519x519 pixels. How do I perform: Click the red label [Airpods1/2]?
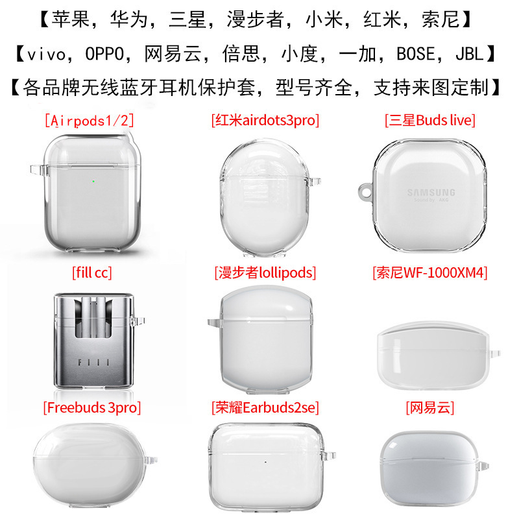(x=91, y=120)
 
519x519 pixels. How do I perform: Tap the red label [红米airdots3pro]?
(x=265, y=120)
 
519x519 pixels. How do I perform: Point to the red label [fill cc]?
(x=91, y=272)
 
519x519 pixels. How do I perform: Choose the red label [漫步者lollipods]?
(x=265, y=272)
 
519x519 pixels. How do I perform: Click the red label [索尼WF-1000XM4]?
(x=430, y=272)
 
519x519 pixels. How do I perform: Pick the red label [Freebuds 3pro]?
(x=91, y=408)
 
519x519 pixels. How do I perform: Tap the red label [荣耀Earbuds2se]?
(x=265, y=408)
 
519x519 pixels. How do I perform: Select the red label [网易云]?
(x=430, y=408)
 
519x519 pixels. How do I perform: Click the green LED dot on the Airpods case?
(x=95, y=182)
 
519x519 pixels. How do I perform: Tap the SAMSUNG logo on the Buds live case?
(x=431, y=192)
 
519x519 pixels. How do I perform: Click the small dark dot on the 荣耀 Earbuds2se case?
(x=265, y=463)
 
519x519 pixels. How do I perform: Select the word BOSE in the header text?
(x=407, y=53)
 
